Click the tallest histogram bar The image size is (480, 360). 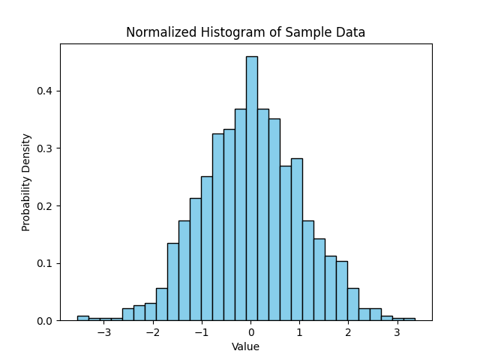(251, 187)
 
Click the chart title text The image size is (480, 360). (245, 32)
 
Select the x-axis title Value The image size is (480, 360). (245, 346)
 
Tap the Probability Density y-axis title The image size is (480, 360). (26, 182)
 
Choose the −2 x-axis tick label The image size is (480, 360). (153, 332)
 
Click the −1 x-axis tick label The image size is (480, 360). (202, 332)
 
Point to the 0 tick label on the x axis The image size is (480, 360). (251, 332)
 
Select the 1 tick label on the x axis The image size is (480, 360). (299, 332)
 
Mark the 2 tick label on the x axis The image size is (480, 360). (348, 332)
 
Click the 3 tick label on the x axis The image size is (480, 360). (397, 332)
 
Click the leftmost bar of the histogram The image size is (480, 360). (82, 318)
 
